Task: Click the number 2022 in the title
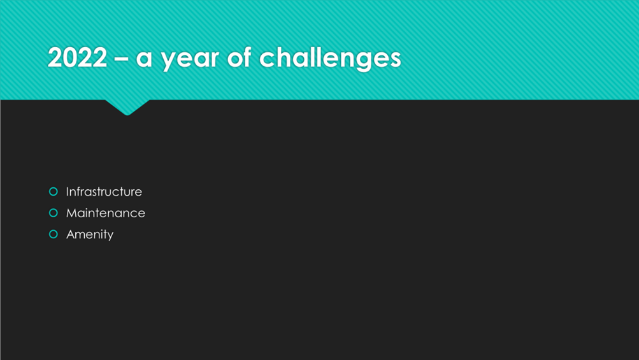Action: (x=78, y=57)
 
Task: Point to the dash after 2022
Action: (x=121, y=59)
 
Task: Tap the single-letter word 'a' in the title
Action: (x=144, y=59)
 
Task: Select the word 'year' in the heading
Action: (x=190, y=61)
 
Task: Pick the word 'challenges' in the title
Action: (x=330, y=58)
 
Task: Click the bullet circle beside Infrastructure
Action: (x=54, y=192)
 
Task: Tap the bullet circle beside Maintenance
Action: (x=54, y=213)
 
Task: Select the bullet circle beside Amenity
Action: (x=54, y=234)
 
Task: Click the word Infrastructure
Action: (x=104, y=192)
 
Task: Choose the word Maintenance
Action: (x=106, y=213)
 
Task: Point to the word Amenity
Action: (x=90, y=235)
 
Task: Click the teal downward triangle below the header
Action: (x=127, y=107)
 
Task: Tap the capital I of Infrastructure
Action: (x=68, y=192)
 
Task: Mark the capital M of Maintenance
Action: (x=72, y=213)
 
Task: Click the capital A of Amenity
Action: (x=71, y=234)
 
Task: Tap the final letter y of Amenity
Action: (x=110, y=236)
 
